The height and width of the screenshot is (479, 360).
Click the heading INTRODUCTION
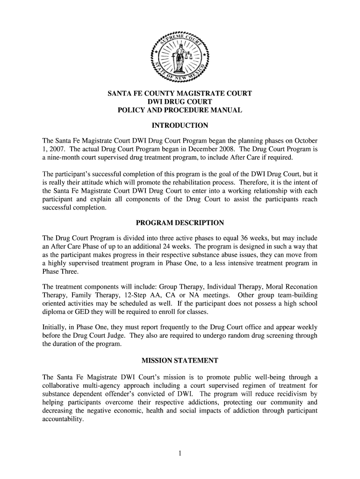tap(180, 126)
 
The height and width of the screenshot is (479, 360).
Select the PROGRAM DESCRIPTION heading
tap(180, 223)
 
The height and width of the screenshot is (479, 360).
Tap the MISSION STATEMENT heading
tap(180, 361)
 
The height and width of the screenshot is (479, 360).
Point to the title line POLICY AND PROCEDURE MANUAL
tap(180, 110)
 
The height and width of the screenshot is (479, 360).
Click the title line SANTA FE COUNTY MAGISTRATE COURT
tap(180, 94)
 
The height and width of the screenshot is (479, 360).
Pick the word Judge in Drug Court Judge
tap(114, 335)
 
